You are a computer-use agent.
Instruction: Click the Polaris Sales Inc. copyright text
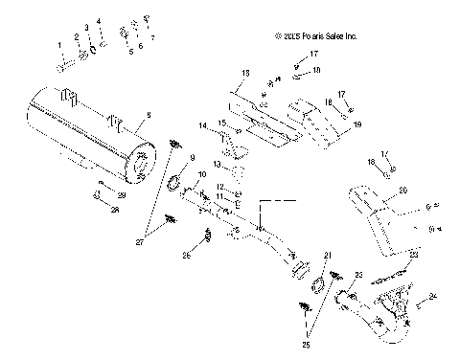click(x=316, y=36)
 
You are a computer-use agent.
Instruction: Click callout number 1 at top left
click(x=58, y=45)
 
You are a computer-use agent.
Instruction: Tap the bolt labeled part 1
click(x=63, y=66)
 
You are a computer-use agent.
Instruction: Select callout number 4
click(x=98, y=21)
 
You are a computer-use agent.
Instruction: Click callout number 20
click(x=403, y=191)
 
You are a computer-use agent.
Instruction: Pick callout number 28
click(x=114, y=208)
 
